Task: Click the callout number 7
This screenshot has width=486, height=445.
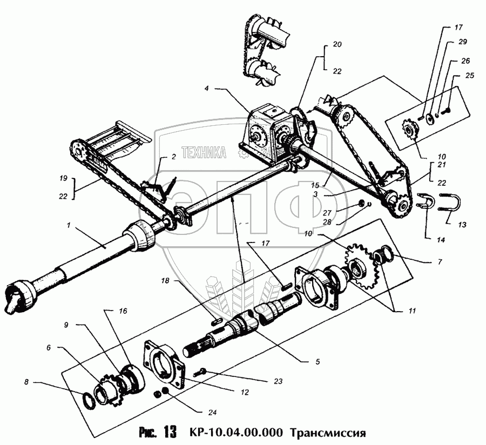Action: coord(440,262)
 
